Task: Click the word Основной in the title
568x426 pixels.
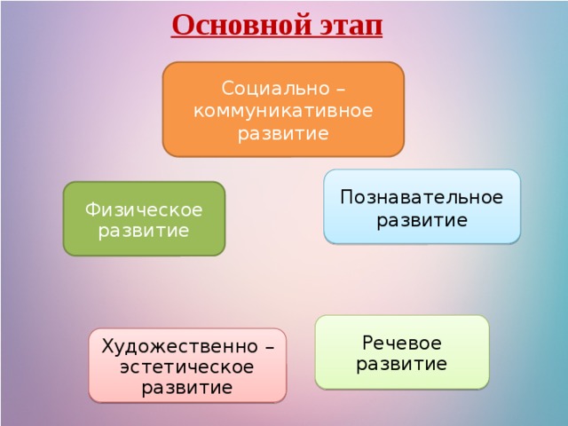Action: click(x=242, y=25)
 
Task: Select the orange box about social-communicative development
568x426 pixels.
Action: click(x=283, y=109)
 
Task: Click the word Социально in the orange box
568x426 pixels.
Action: click(x=276, y=89)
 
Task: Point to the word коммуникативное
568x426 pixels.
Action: click(x=283, y=110)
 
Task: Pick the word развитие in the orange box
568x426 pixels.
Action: click(x=283, y=134)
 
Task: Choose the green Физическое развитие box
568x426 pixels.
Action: click(x=144, y=219)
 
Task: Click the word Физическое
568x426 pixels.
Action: click(x=144, y=209)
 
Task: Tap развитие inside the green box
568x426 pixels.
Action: click(x=144, y=231)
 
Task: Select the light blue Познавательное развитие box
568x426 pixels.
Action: click(x=422, y=207)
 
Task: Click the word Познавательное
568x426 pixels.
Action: click(x=422, y=197)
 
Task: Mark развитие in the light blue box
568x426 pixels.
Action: click(x=422, y=220)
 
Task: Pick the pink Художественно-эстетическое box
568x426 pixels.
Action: click(x=187, y=366)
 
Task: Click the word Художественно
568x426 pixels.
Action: click(x=179, y=346)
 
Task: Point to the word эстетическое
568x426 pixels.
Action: click(x=187, y=367)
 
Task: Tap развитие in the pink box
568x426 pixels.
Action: click(x=187, y=388)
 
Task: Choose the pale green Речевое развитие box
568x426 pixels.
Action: click(x=402, y=352)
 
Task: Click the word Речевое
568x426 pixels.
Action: click(x=402, y=343)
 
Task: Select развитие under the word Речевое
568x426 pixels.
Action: click(x=402, y=364)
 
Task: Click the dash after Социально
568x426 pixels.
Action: click(x=341, y=90)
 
